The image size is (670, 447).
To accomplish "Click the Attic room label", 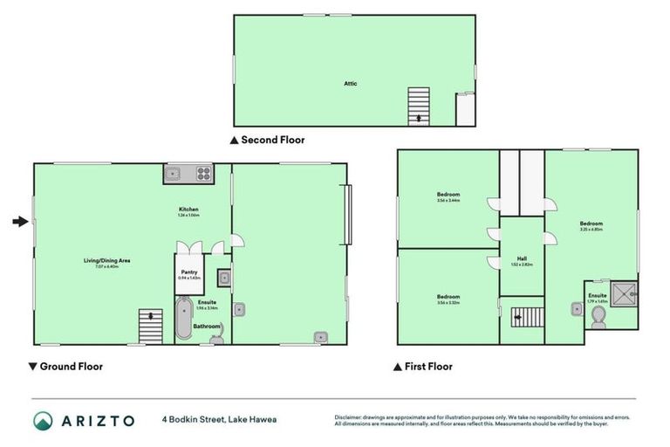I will (350, 84).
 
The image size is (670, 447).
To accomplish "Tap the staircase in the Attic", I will (420, 107).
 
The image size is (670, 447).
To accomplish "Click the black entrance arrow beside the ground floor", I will (19, 222).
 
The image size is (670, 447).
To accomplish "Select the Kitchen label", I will (188, 210).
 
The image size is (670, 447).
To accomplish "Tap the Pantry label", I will (189, 272).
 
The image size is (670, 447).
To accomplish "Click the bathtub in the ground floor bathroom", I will (183, 319).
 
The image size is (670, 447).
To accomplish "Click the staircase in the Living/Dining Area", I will (151, 327).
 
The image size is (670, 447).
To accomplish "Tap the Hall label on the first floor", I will (522, 258).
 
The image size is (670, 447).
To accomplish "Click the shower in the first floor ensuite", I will (625, 294).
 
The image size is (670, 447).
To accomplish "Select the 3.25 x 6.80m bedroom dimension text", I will (591, 230).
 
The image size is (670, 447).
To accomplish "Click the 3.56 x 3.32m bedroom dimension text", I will (448, 303).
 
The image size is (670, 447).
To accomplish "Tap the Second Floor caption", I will (273, 140).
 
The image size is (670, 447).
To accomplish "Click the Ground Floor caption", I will (71, 367).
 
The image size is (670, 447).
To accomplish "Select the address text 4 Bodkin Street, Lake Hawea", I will (219, 420).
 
